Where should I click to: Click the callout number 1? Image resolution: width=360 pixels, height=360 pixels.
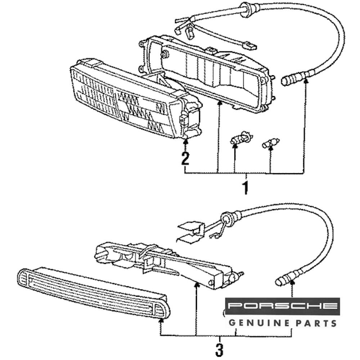[246, 188]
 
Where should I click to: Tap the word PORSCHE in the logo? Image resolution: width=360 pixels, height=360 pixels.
[282, 306]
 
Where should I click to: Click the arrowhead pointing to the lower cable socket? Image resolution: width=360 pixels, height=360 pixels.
[292, 284]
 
